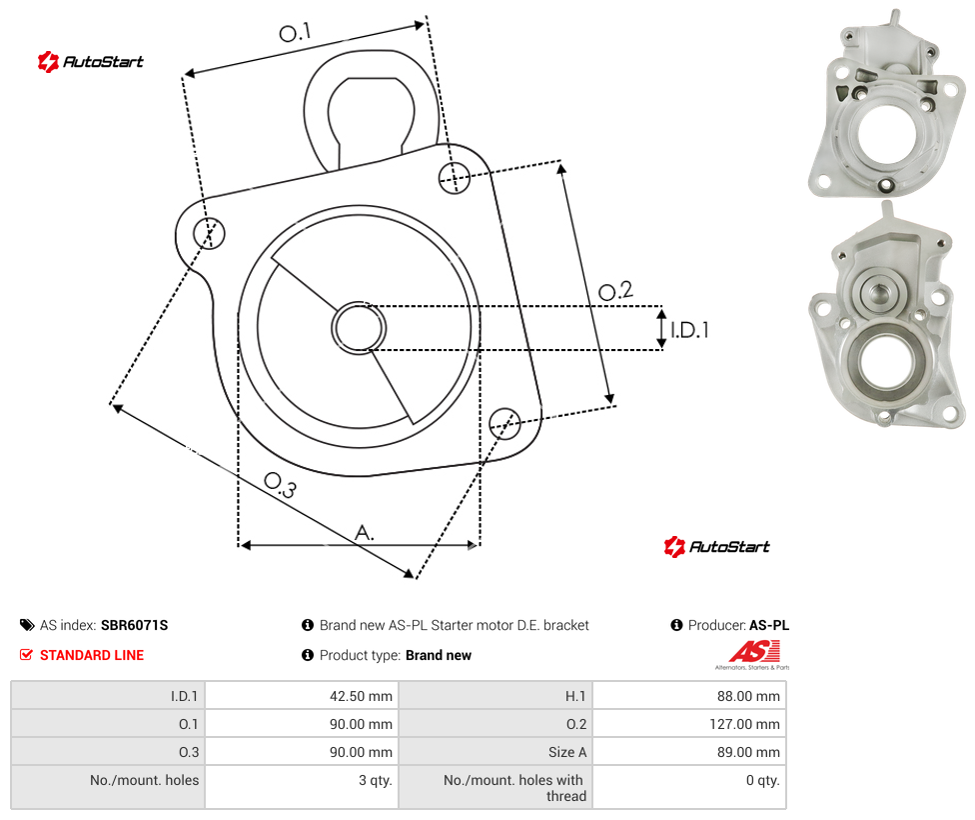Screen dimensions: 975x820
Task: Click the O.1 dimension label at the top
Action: tap(295, 32)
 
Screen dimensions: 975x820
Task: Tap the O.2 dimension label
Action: tap(615, 291)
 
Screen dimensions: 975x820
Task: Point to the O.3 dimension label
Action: tap(281, 485)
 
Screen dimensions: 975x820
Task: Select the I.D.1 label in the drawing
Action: tap(689, 329)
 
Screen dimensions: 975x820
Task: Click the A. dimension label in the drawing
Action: tap(365, 533)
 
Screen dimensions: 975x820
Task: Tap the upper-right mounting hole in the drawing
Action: tap(455, 177)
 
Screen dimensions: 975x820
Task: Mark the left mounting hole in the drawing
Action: tap(209, 233)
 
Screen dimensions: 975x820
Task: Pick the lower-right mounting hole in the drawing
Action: tap(504, 424)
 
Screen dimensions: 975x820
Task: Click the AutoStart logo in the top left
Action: tap(91, 61)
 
